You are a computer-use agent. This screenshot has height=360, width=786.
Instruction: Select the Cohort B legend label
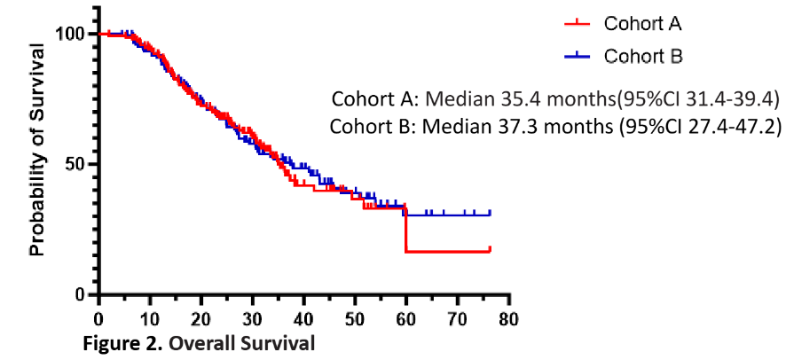(644, 56)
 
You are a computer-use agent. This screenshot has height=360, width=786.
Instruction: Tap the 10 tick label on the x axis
(149, 316)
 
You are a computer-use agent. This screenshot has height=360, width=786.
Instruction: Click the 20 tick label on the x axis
(200, 316)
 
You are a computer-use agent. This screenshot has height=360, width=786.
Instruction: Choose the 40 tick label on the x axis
(303, 316)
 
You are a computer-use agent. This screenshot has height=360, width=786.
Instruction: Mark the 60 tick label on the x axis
(406, 316)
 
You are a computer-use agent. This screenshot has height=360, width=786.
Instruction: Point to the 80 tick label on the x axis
(508, 316)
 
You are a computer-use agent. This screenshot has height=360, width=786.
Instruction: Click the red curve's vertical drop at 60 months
(405, 232)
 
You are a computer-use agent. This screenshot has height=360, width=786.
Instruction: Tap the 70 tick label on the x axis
(458, 316)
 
